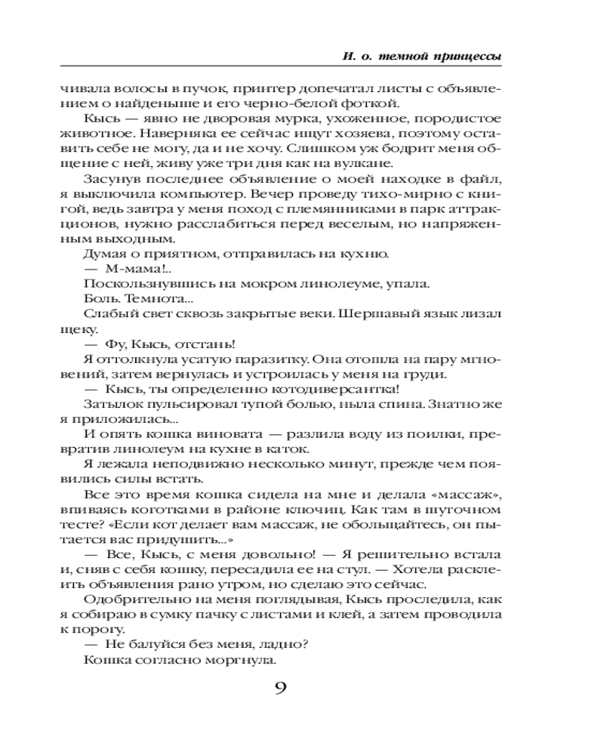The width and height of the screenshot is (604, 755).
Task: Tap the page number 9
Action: tap(280, 689)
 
